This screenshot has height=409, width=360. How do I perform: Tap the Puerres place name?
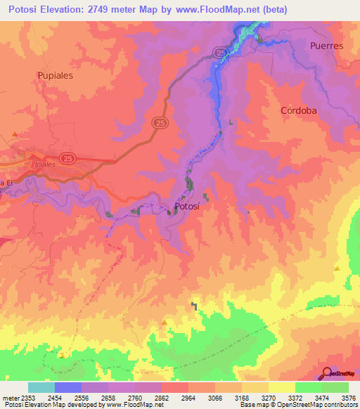pos(326,46)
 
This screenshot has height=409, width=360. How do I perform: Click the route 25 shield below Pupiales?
pos(160,122)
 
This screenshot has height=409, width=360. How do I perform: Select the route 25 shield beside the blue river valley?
pos(219,53)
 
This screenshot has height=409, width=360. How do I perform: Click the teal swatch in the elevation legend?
pos(41,387)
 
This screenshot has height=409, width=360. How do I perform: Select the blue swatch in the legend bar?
pos(67,387)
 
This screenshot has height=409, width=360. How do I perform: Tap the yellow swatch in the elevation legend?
pos(281,387)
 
